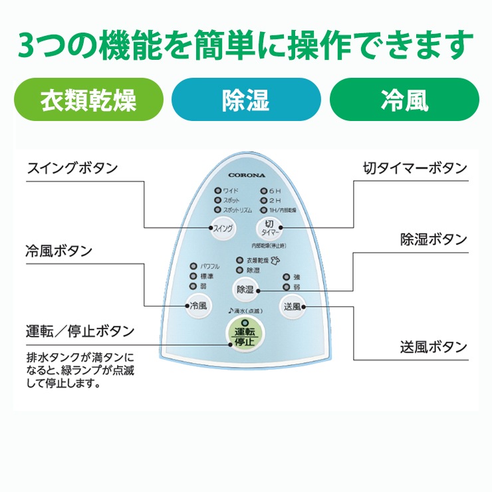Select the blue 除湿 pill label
245,100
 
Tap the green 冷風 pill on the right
404,100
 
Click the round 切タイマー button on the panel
269,229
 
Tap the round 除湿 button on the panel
245,289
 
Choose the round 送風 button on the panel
292,307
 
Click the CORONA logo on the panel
246,176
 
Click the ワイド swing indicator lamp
217,191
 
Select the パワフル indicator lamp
193,266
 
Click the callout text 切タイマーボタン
416,168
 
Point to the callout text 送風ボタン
433,346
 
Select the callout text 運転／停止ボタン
80,330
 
